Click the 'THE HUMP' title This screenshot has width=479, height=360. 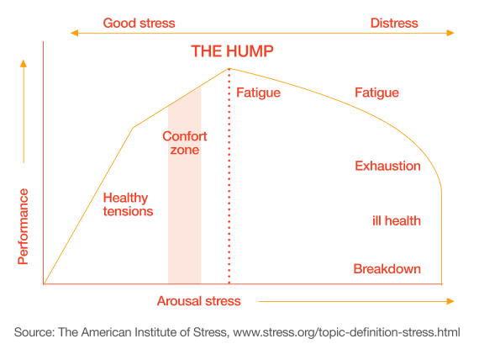coord(232,51)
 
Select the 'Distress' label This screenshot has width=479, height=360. coord(394,23)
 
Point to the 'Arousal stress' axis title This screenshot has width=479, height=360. coord(198,300)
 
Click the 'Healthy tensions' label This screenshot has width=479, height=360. coord(128,204)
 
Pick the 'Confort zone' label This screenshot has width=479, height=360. coord(184,143)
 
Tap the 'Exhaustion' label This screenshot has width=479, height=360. coord(387,166)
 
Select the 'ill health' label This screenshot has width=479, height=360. coord(396,220)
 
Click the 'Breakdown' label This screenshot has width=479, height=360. coord(387,269)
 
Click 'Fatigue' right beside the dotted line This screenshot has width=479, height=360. coord(258,93)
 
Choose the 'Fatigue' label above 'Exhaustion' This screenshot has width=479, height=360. coord(376,93)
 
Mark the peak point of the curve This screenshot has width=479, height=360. coord(229,69)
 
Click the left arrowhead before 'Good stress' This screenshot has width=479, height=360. coord(74,33)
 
